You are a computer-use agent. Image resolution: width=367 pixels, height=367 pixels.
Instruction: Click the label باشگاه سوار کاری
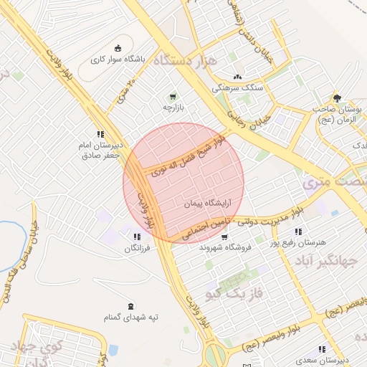click(121, 59)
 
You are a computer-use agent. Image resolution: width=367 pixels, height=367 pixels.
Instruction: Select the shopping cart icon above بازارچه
click(172, 96)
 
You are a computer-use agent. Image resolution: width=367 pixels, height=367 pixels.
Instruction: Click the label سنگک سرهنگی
click(237, 87)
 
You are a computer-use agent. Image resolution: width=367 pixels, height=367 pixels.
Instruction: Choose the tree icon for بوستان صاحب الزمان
click(335, 98)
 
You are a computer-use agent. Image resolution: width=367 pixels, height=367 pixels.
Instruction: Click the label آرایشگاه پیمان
click(208, 204)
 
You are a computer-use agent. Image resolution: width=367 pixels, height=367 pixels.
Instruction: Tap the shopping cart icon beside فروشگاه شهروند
click(224, 237)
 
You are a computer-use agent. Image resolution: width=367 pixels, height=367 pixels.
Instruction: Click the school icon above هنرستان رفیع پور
click(297, 232)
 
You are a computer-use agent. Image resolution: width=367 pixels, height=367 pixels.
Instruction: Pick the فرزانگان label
click(136, 248)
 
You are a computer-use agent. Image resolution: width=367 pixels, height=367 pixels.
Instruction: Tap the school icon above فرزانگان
click(136, 237)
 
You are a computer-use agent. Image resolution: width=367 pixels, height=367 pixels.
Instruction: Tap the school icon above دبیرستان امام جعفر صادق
click(100, 133)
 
